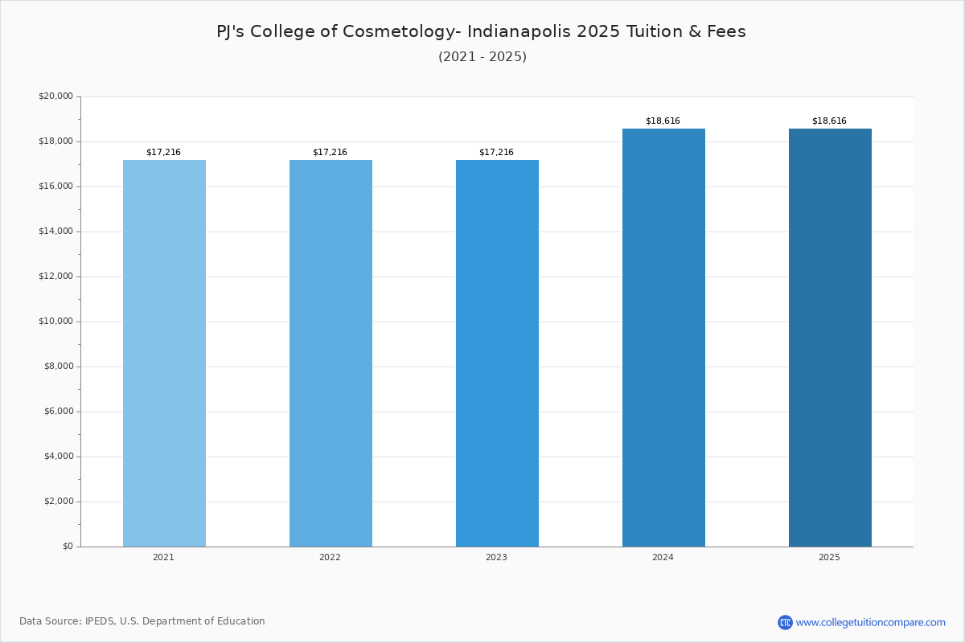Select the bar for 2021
point(164,353)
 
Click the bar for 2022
point(331,353)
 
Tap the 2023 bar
point(497,353)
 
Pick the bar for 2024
point(663,338)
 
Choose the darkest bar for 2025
point(830,338)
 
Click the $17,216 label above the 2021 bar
point(164,152)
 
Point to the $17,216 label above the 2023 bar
point(496,152)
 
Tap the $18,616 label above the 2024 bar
point(663,121)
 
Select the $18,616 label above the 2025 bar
point(829,121)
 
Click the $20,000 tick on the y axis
point(56,96)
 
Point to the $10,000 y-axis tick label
point(56,321)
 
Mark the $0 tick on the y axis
point(68,546)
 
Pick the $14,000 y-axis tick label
point(56,231)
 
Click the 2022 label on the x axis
point(330,557)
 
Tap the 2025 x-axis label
point(829,557)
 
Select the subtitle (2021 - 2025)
point(482,57)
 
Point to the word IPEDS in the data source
point(101,621)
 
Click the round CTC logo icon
point(785,622)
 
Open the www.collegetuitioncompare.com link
point(871,623)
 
